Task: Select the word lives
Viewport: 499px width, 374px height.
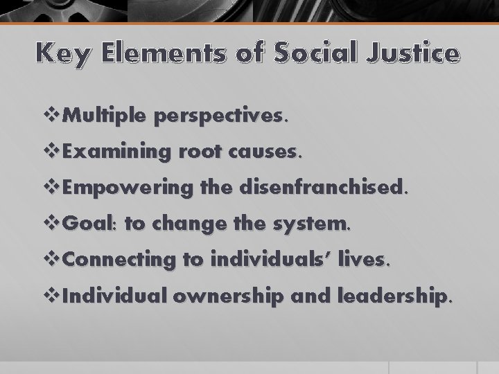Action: click(x=367, y=260)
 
